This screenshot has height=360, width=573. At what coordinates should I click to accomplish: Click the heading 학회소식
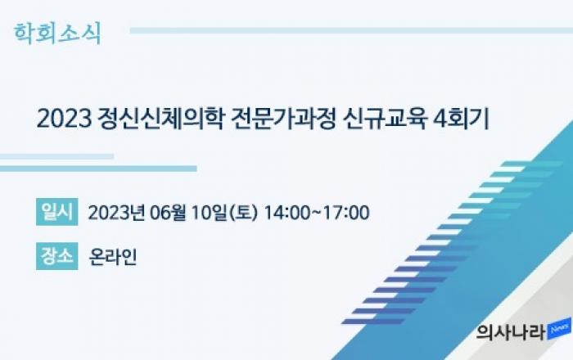point(57,34)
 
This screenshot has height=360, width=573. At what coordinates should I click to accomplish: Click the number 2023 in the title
point(65,119)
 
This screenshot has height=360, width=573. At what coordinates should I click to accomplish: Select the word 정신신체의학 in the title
point(160,119)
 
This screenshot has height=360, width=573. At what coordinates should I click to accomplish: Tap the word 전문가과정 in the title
point(283,119)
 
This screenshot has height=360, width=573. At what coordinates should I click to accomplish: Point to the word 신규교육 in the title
point(385,119)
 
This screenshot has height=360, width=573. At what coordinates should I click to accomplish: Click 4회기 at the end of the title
point(461,119)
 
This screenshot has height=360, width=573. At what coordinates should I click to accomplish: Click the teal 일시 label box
point(57,212)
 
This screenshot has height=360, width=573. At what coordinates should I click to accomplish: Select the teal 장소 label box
point(57,256)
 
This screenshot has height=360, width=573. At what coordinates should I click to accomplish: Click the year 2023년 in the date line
point(116,213)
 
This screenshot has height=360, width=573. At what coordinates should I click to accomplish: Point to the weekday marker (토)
point(243,213)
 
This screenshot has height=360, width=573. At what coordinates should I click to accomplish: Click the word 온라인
point(113,257)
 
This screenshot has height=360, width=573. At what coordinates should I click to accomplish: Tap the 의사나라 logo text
point(511,332)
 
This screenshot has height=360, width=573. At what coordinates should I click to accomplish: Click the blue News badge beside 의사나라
point(559,329)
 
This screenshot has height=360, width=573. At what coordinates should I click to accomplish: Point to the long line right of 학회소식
point(351,30)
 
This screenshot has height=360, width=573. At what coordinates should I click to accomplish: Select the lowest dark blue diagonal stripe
point(373,322)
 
